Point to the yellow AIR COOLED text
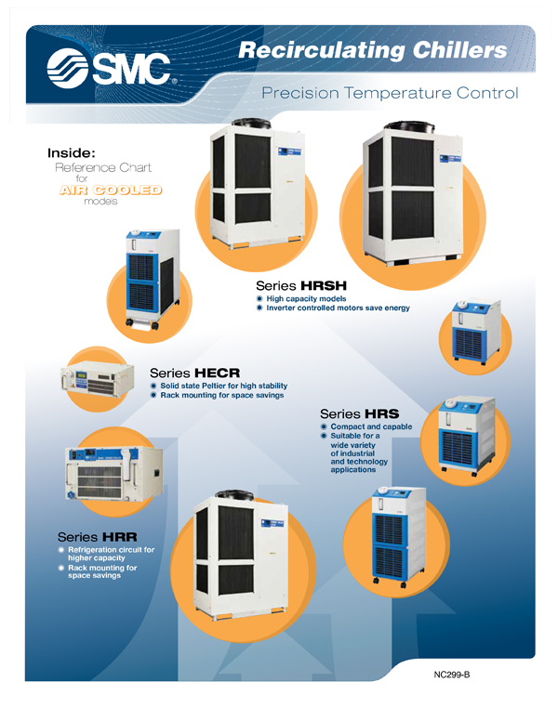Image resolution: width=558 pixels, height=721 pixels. tap(111, 190)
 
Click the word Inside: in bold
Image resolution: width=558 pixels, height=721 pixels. tap(72, 151)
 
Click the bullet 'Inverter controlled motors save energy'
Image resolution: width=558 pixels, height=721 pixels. tap(338, 308)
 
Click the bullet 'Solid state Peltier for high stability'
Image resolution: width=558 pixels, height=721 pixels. tap(223, 386)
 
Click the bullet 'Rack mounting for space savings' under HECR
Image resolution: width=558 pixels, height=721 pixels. tap(221, 396)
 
